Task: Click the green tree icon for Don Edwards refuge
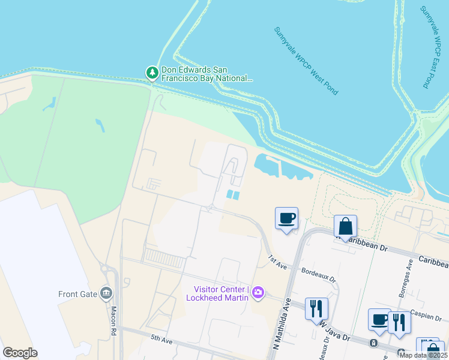coord(152,73)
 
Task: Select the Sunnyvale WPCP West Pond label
coord(306,61)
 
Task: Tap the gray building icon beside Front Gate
coord(107,293)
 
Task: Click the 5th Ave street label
coord(161,340)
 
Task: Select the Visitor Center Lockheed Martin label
coord(217,293)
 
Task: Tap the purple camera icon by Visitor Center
coord(258,292)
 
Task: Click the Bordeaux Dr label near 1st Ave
coord(318,275)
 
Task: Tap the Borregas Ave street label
coord(411,272)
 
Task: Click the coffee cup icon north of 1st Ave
coord(287,218)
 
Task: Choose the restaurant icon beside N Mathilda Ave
coord(316,308)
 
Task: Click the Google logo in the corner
coord(20,353)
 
